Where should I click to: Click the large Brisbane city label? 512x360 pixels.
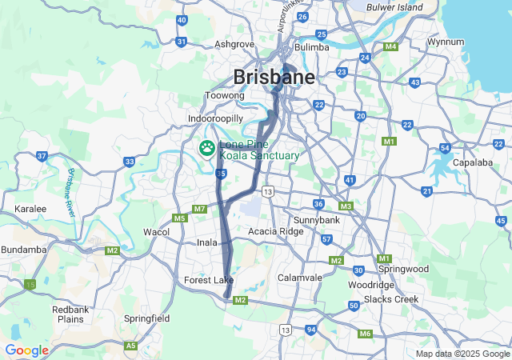click(x=274, y=77)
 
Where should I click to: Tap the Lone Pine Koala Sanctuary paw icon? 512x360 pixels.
click(x=207, y=148)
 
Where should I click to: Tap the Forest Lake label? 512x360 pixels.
click(x=208, y=280)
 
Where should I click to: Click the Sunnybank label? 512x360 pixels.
click(x=317, y=219)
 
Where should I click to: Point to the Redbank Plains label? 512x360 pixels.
click(x=70, y=314)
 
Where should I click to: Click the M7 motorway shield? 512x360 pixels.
click(x=199, y=209)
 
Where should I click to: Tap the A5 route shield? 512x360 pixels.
click(x=130, y=346)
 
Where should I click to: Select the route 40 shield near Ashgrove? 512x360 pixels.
click(x=182, y=20)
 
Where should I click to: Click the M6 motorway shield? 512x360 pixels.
click(x=365, y=334)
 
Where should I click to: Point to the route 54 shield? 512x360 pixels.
click(x=445, y=148)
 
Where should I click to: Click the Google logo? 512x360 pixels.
click(x=26, y=350)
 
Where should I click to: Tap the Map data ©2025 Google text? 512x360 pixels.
click(x=462, y=354)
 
